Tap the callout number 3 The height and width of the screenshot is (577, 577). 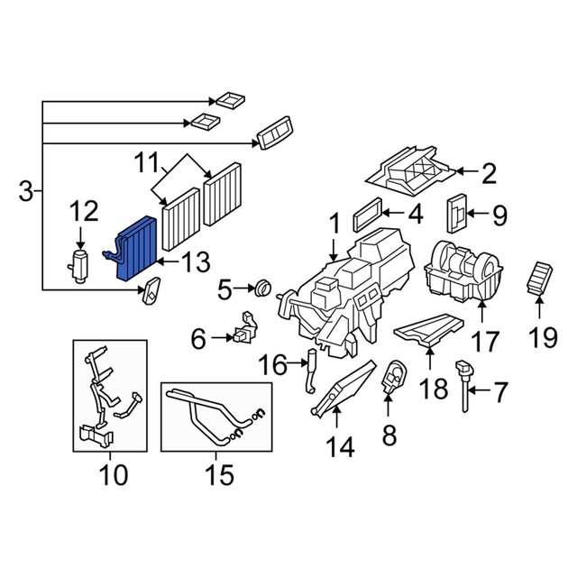[26, 191]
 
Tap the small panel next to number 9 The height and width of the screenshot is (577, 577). [457, 213]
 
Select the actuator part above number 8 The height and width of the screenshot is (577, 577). [393, 377]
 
